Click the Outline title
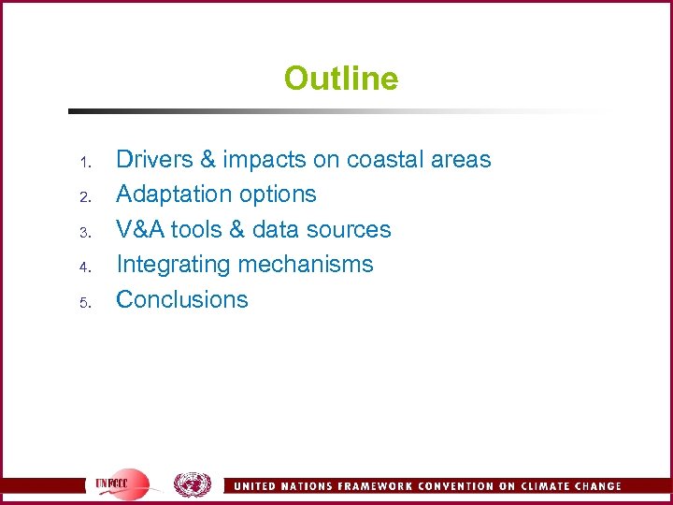(340, 79)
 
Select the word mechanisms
(306, 265)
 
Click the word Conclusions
(181, 300)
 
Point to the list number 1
(83, 164)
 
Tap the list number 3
(83, 234)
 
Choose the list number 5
(83, 304)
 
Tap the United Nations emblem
(192, 484)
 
